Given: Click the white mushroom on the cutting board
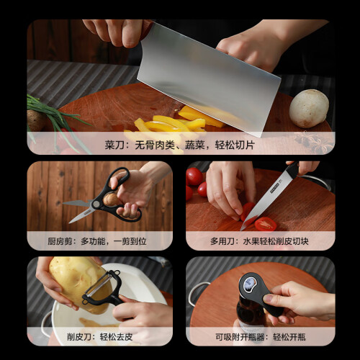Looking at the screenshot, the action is (x=309, y=108).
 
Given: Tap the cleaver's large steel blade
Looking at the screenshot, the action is (x=209, y=79).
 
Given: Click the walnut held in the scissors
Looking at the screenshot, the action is (x=111, y=199).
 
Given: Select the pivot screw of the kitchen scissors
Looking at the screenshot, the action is (x=96, y=204).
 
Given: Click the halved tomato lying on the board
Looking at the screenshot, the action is (x=266, y=224).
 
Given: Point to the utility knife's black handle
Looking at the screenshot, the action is (x=292, y=169).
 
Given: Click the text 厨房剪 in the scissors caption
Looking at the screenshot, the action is (x=60, y=241).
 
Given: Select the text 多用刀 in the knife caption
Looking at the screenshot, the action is (x=222, y=241).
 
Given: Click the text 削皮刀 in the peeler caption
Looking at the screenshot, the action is (x=79, y=337).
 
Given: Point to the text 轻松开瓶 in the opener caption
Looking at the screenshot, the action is (x=289, y=337).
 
